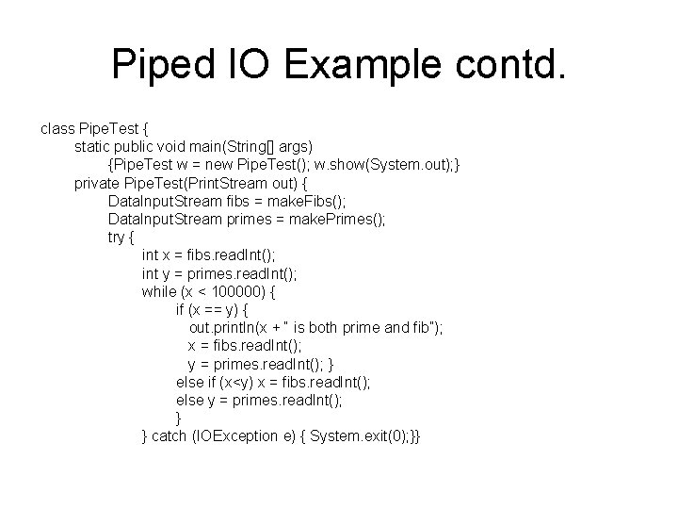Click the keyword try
point(120,237)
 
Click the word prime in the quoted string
point(362,328)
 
